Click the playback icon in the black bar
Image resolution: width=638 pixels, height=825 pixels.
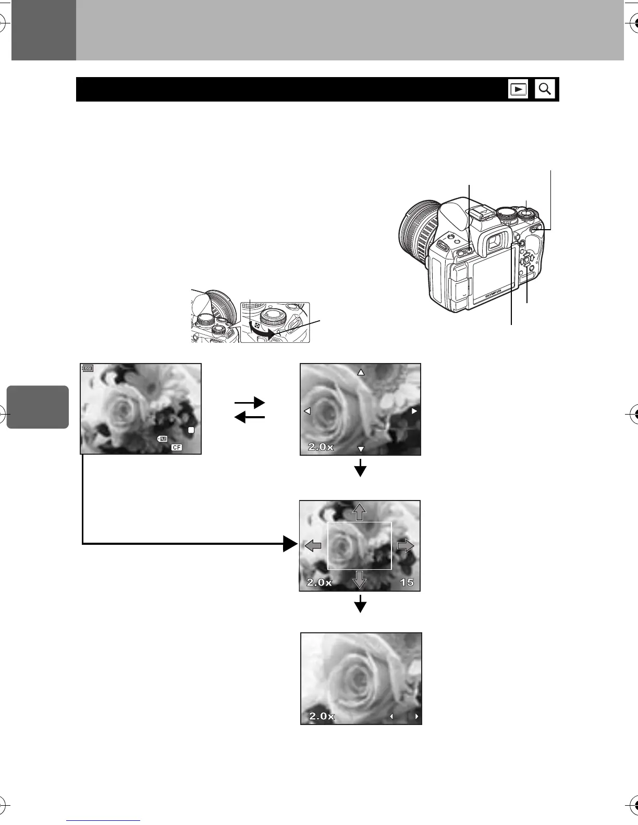[518, 89]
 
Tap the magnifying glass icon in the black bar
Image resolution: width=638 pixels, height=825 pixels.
[545, 89]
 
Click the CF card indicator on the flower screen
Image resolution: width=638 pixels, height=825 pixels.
[177, 447]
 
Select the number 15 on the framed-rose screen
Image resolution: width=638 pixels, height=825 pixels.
[407, 582]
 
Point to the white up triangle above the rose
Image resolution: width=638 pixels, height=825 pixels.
[360, 372]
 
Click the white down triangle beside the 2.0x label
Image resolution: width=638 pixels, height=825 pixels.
[360, 449]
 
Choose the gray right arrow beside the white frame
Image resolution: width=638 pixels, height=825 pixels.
[406, 545]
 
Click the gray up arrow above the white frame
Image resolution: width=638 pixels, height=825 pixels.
[359, 512]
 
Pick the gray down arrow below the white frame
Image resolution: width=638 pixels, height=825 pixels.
[359, 579]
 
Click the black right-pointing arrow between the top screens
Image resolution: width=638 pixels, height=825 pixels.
[250, 403]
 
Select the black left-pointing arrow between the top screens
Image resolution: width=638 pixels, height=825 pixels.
[250, 417]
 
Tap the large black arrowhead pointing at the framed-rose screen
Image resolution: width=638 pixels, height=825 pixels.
[290, 544]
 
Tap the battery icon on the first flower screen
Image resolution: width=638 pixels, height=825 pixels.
[88, 368]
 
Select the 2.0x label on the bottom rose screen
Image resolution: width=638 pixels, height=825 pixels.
[322, 716]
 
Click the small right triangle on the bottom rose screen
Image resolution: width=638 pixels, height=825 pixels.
[416, 717]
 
